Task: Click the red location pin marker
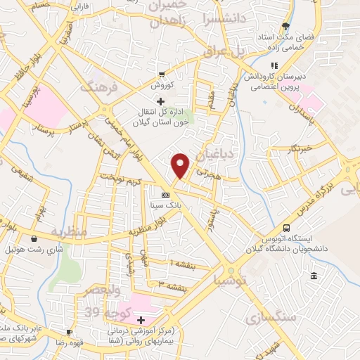tap(181, 165)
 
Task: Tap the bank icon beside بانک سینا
tap(165, 195)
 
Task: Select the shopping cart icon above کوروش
tap(162, 75)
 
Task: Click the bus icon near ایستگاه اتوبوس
tap(286, 228)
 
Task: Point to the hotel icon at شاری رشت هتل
tap(34, 239)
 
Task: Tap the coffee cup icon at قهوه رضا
tap(69, 332)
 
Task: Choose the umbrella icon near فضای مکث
tap(285, 27)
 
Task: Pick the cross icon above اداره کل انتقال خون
tap(161, 102)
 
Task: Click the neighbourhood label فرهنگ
tap(96, 87)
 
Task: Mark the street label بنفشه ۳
tap(172, 287)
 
